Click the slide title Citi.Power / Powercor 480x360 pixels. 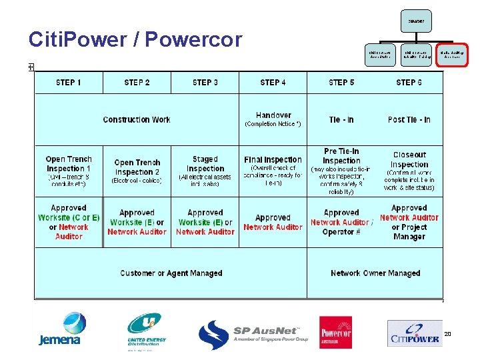pyautogui.click(x=135, y=40)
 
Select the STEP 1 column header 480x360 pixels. pyautogui.click(x=69, y=83)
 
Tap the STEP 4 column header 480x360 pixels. pyautogui.click(x=273, y=83)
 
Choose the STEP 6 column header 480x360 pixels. pyautogui.click(x=409, y=83)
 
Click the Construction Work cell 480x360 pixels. pyautogui.click(x=137, y=120)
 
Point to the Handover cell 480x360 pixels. pyautogui.click(x=273, y=119)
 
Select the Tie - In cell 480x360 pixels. pyautogui.click(x=341, y=120)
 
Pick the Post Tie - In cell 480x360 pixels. pyautogui.click(x=409, y=120)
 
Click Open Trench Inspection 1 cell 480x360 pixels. pyautogui.click(x=69, y=171)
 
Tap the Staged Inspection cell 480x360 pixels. pyautogui.click(x=205, y=171)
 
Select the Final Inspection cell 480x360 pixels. pyautogui.click(x=273, y=171)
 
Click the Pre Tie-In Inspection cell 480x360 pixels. pyautogui.click(x=341, y=171)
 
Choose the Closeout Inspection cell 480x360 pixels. pyautogui.click(x=409, y=171)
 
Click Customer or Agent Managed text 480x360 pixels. pyautogui.click(x=171, y=273)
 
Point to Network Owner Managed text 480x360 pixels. pyautogui.click(x=375, y=273)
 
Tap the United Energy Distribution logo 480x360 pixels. pyautogui.click(x=147, y=331)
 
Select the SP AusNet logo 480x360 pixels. pyautogui.click(x=253, y=334)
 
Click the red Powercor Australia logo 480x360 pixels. pyautogui.click(x=336, y=332)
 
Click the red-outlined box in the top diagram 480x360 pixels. pyautogui.click(x=452, y=55)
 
